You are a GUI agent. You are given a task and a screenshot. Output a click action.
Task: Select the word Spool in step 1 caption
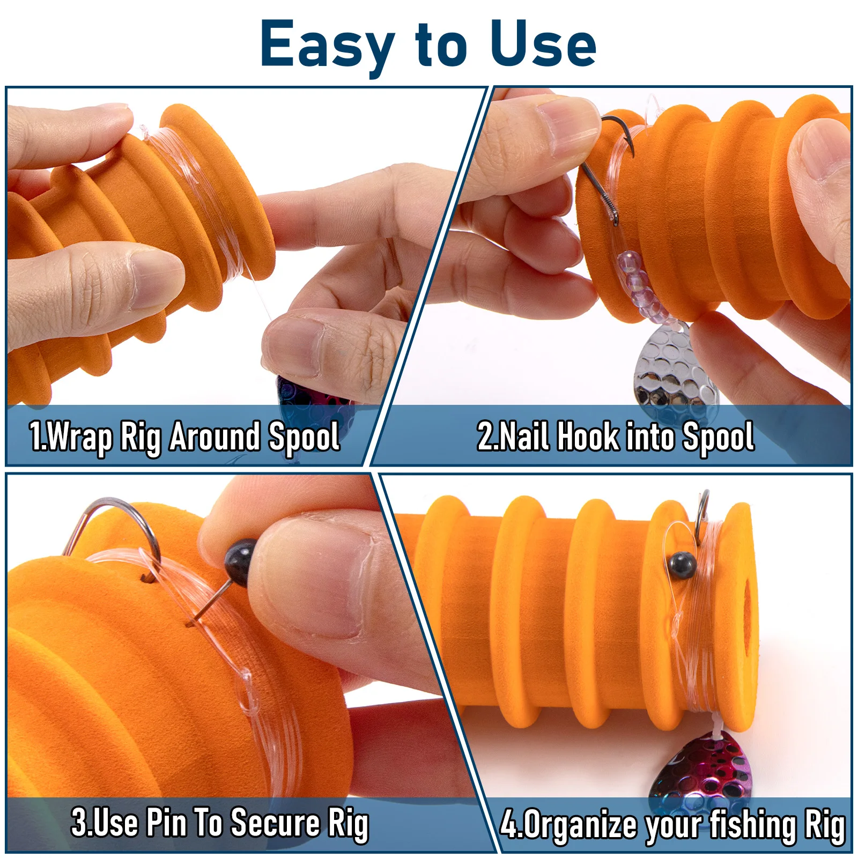304,437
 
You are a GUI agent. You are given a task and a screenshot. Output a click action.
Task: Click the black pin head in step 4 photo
683,564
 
